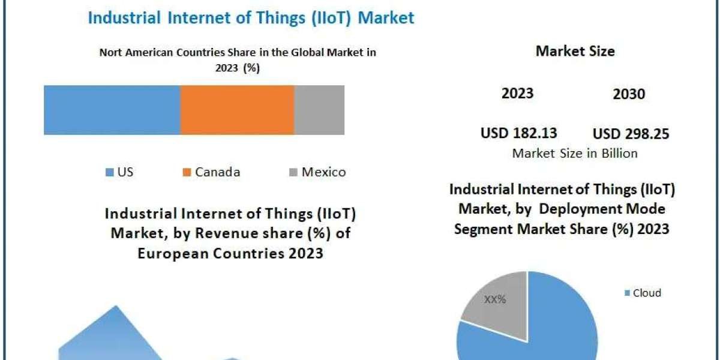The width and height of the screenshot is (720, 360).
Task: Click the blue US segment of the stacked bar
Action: tap(112, 110)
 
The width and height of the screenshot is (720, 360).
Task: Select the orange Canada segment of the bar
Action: tap(237, 110)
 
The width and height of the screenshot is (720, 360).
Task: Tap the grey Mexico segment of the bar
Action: tap(319, 110)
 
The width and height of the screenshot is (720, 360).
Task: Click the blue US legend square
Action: tap(109, 173)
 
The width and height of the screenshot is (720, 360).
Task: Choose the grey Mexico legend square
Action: tap(292, 173)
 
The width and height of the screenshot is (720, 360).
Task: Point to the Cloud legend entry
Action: tap(643, 293)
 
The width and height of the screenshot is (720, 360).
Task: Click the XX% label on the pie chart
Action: tap(495, 299)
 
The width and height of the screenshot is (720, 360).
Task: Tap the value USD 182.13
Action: tap(518, 133)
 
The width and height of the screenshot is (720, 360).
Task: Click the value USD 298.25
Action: tap(631, 134)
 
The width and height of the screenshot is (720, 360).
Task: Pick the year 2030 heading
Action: tap(629, 94)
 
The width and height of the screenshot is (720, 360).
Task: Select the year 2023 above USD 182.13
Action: tap(517, 93)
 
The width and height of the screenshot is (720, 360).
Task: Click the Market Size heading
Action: tap(575, 51)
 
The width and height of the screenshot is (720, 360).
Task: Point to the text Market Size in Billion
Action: tap(574, 153)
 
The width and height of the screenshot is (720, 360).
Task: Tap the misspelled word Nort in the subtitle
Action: tap(112, 52)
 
